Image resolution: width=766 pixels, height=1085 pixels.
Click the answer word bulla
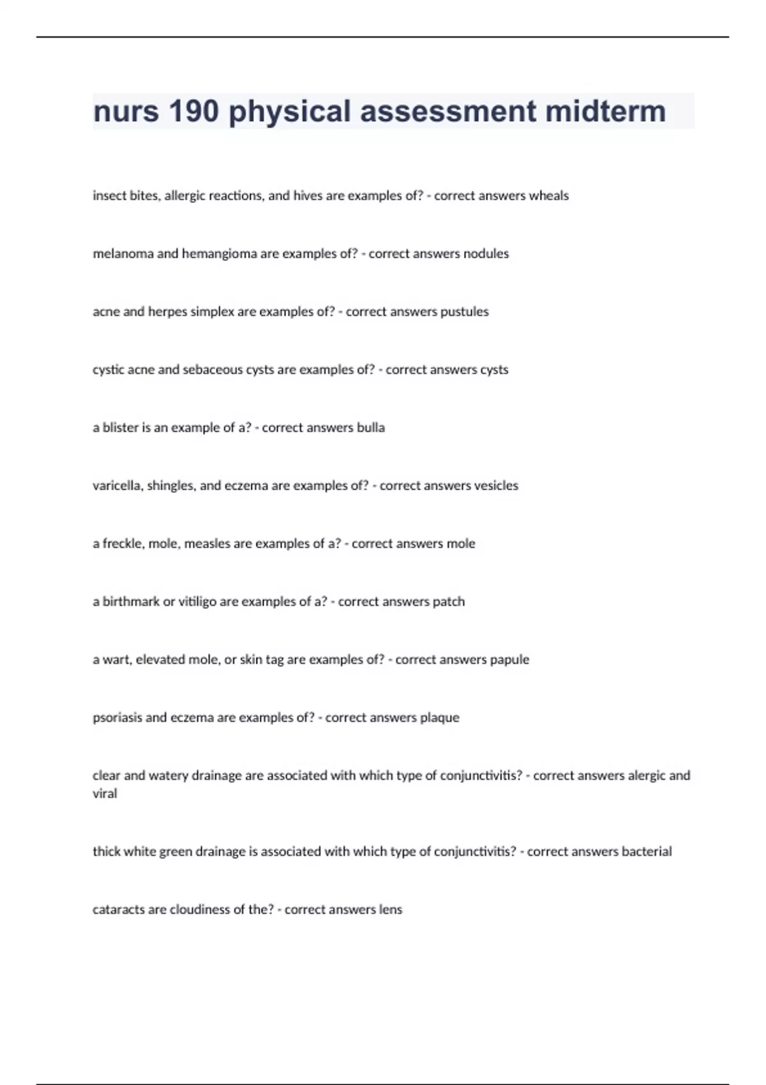pos(370,428)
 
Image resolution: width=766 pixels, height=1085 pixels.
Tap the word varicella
pos(118,486)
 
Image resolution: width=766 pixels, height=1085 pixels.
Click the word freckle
pos(123,544)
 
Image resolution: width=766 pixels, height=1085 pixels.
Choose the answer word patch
pos(448,602)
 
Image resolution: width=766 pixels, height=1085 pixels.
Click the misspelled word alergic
pos(647,776)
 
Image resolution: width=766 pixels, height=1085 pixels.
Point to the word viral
pos(105,794)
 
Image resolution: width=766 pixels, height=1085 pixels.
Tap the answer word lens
pos(390,910)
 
